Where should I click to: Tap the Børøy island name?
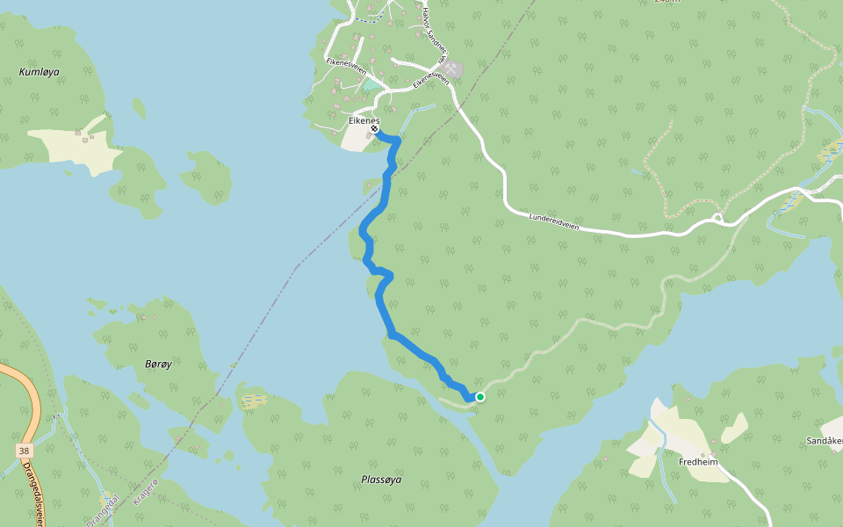pyautogui.click(x=158, y=364)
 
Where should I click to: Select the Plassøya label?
pyautogui.click(x=381, y=480)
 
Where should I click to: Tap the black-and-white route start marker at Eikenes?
pyautogui.click(x=375, y=129)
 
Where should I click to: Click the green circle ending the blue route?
pyautogui.click(x=480, y=397)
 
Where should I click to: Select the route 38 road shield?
pyautogui.click(x=23, y=451)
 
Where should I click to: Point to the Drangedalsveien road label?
pyautogui.click(x=34, y=492)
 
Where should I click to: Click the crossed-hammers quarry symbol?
pyautogui.click(x=451, y=68)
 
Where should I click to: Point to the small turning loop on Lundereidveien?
pyautogui.click(x=717, y=216)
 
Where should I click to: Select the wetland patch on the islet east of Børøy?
pyautogui.click(x=254, y=401)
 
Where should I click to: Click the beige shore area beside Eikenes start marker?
pyautogui.click(x=357, y=139)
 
